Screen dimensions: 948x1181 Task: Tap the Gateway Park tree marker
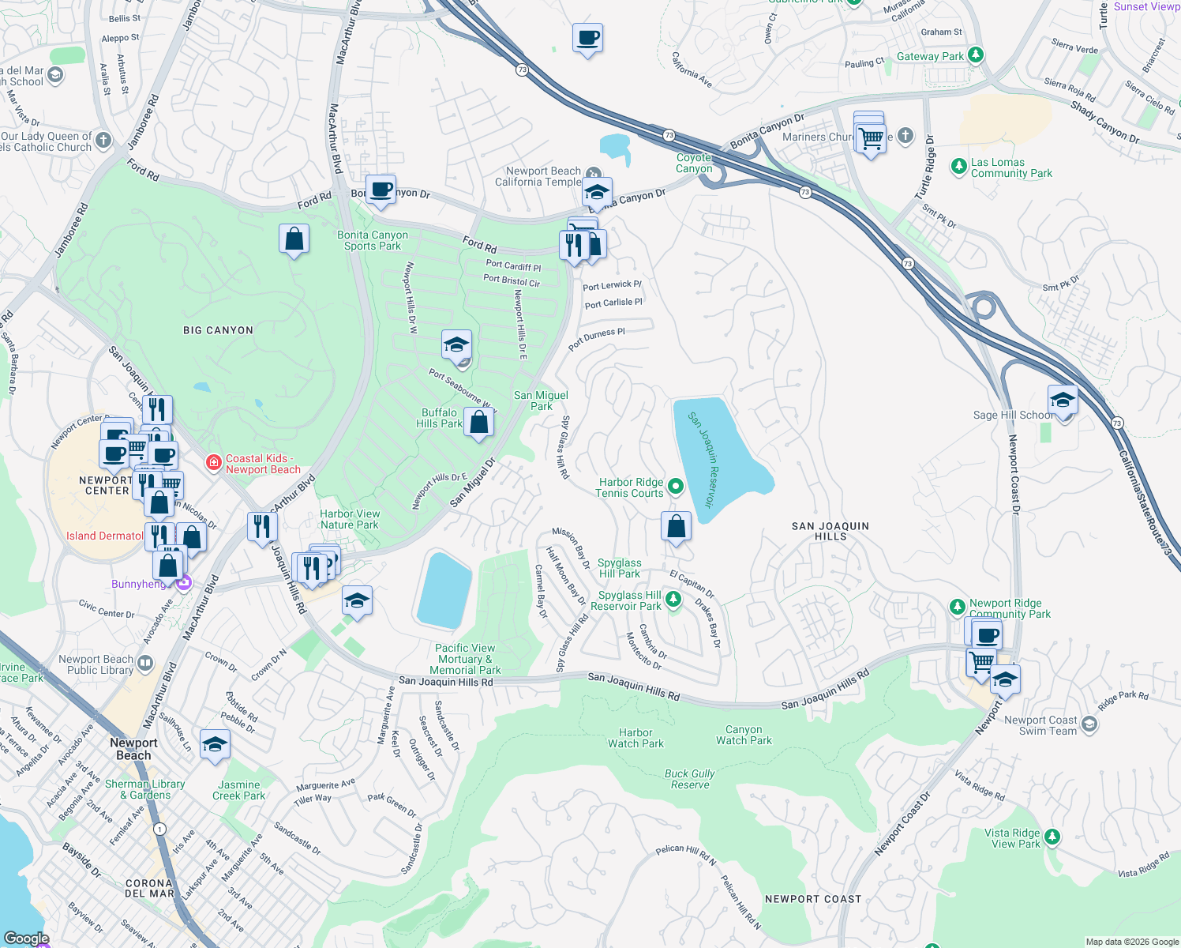coord(976,55)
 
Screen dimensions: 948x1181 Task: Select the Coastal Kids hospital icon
coord(213,463)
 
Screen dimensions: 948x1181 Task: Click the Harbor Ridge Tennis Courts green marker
coord(675,487)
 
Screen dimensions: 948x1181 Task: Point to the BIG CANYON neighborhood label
coord(218,330)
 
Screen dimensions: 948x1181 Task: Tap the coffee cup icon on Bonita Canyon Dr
coord(381,190)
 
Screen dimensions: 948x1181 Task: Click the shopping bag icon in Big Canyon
coord(294,239)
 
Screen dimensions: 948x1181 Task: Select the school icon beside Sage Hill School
coord(1063,402)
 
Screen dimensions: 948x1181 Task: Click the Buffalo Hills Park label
coord(440,418)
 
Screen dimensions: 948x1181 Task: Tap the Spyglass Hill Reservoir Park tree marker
coord(673,600)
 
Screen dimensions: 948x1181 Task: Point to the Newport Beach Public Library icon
coord(145,664)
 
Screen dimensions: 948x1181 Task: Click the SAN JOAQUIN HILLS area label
coord(830,531)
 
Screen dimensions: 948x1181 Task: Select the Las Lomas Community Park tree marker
coord(958,166)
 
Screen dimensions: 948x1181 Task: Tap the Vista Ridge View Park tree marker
coord(1052,837)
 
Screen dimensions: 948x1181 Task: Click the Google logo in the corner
coord(26,939)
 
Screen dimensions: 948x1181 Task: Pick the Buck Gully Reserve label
coord(690,779)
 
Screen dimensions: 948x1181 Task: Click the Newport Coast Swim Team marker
coord(1089,724)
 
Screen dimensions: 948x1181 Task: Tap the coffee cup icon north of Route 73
coord(587,38)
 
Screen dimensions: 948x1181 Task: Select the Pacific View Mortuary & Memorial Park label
coord(465,659)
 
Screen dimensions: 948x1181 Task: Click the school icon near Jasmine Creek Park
coord(215,745)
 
